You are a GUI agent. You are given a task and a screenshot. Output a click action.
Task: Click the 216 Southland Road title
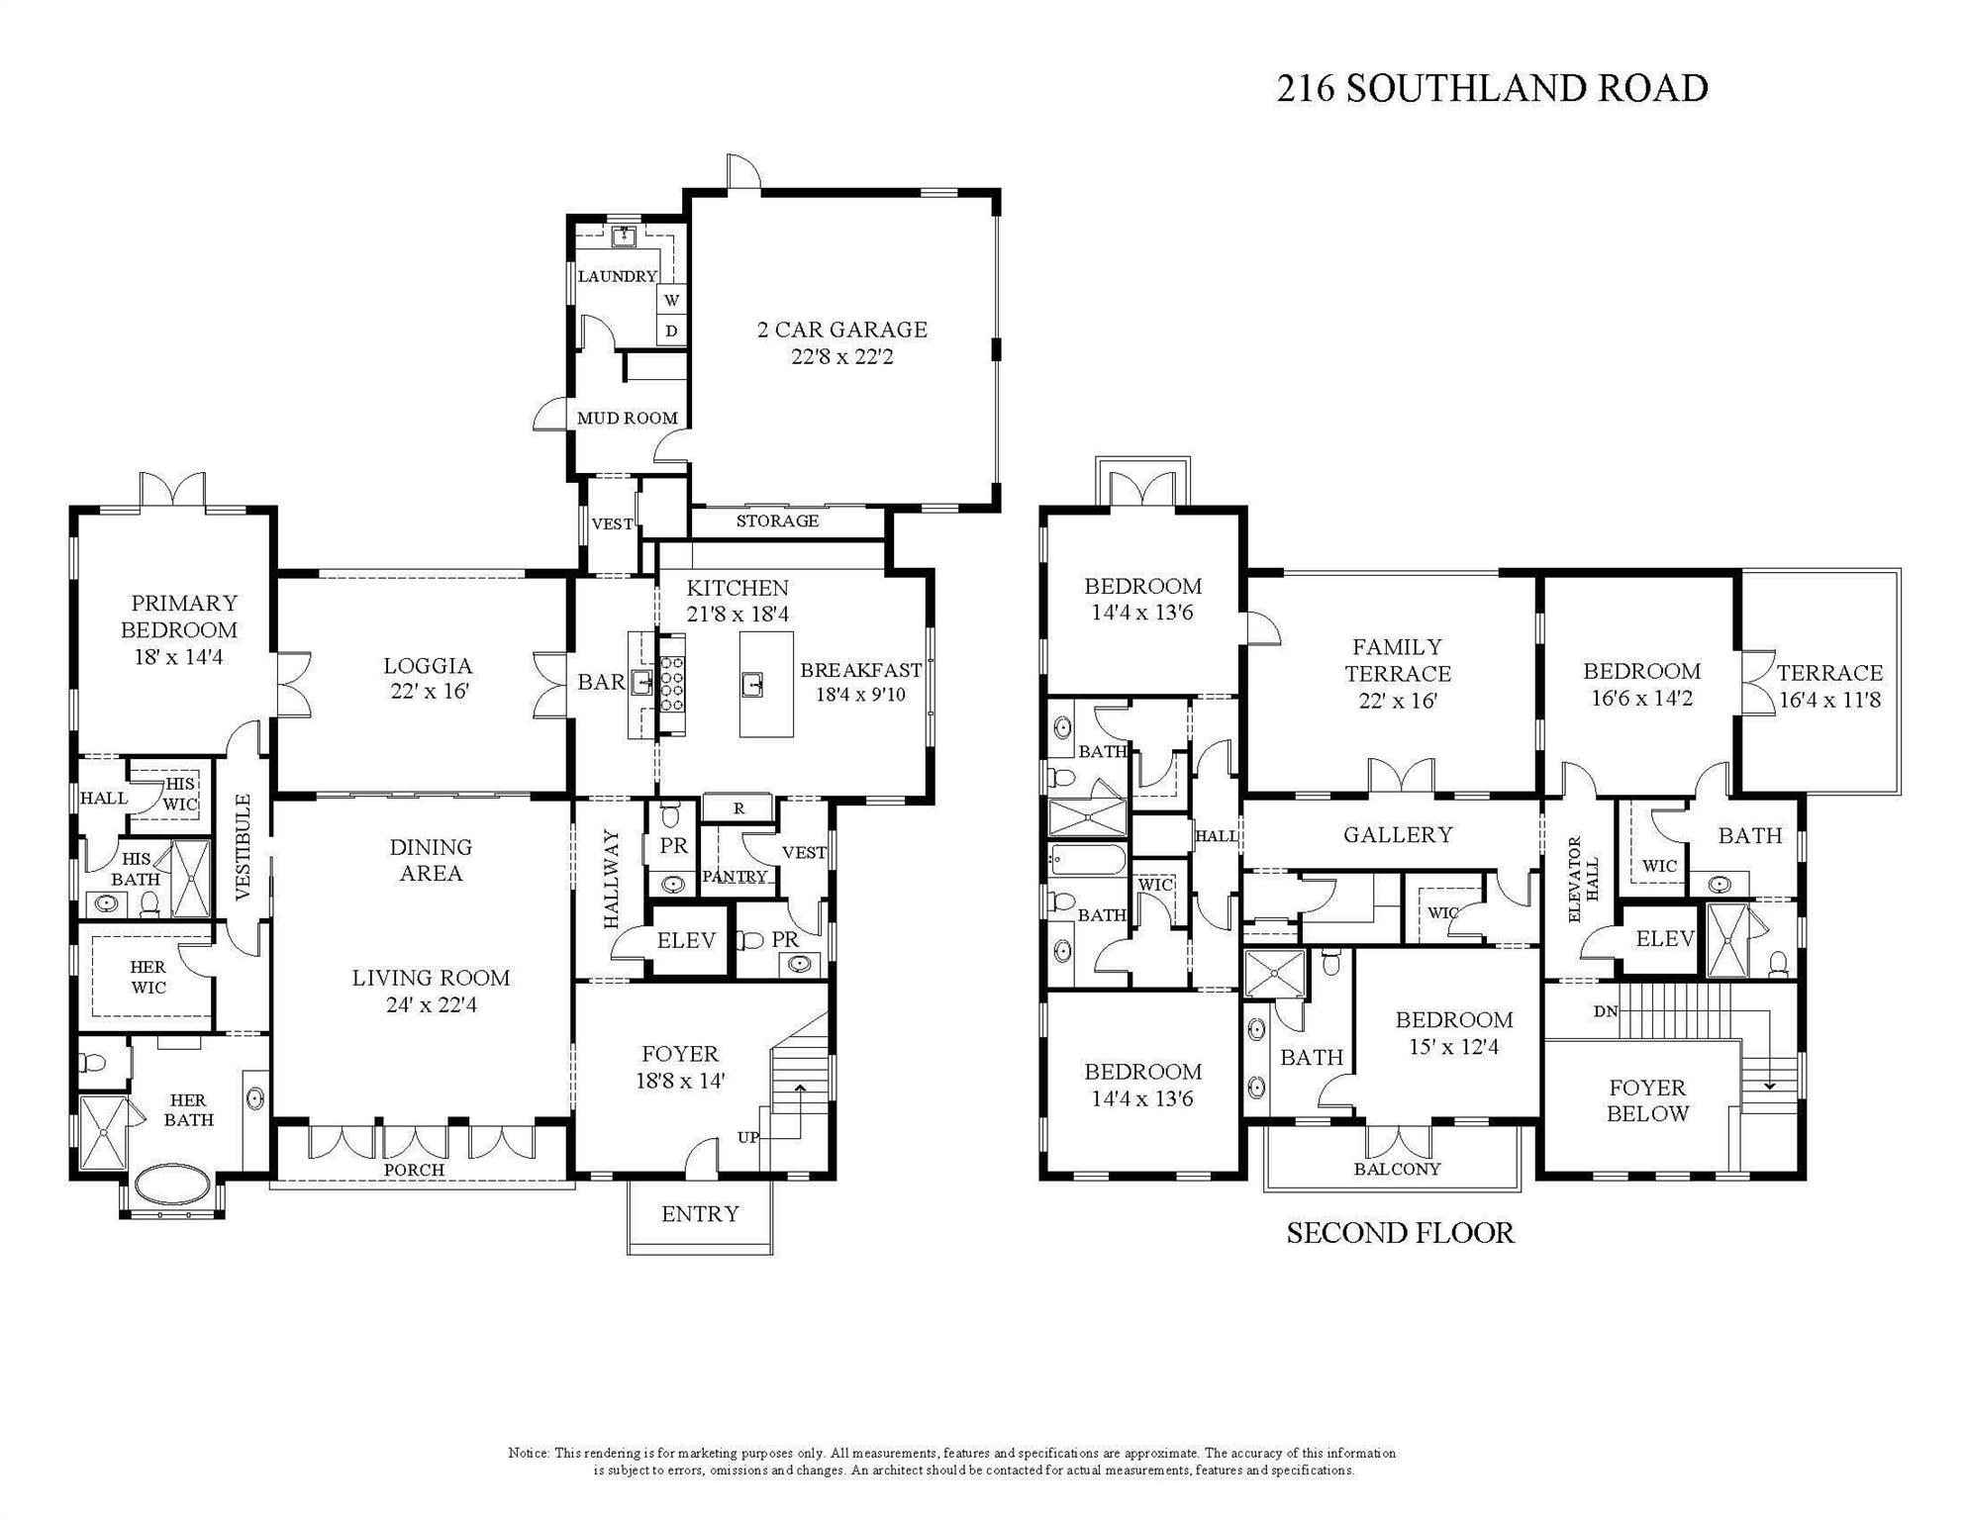[1492, 88]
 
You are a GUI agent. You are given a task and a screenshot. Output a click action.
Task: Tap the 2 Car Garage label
[841, 330]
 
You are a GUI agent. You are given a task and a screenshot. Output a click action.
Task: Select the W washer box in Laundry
[672, 300]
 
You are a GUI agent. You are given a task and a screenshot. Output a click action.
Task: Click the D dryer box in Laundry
[672, 332]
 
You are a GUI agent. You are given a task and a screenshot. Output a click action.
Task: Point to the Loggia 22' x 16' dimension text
[429, 692]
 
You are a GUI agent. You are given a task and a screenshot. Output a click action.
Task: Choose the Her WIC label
[148, 977]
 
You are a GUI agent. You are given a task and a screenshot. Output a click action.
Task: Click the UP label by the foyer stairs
[747, 1137]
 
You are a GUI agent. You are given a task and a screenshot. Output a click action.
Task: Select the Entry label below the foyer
[700, 1214]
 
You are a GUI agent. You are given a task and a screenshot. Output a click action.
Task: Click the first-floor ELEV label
[686, 940]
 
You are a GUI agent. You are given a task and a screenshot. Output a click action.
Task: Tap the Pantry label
[735, 877]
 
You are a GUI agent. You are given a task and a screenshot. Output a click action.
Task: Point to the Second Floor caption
[1400, 1233]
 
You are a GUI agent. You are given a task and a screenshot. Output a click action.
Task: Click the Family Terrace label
[1397, 660]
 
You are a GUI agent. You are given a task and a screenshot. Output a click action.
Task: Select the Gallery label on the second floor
[1397, 835]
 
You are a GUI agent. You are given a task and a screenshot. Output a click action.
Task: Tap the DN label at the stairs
[1605, 1011]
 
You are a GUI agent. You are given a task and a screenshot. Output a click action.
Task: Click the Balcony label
[1397, 1169]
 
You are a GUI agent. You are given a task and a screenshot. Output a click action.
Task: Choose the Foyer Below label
[1647, 1100]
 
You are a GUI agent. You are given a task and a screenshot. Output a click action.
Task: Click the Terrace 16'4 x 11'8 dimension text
[1829, 700]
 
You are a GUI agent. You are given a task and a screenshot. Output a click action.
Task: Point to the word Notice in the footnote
[529, 1453]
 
